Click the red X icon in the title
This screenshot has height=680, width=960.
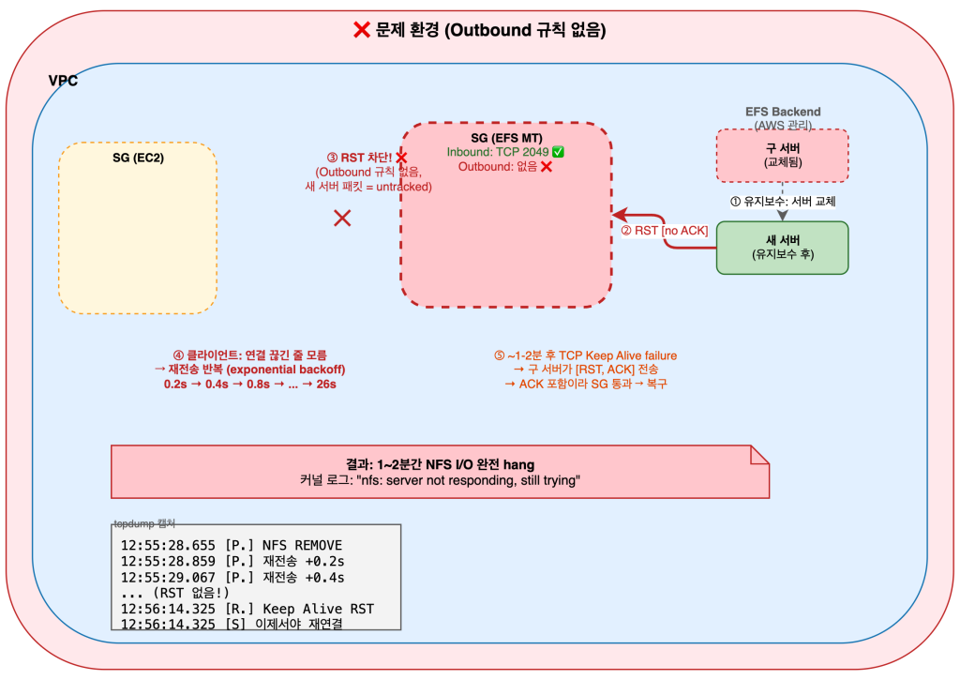361,31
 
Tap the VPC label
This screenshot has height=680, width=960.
63,81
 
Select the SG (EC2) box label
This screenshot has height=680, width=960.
138,157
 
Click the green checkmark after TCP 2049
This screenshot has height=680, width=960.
558,152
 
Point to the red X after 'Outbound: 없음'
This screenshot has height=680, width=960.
546,166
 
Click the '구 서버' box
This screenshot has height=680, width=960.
782,155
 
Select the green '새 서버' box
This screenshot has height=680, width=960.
782,247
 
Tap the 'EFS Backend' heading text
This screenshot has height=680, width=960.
783,112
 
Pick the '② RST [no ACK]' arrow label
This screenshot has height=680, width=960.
664,231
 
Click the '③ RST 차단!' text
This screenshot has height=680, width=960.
359,158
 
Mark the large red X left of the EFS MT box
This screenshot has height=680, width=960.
343,219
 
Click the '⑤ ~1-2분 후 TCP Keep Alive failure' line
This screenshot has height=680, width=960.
585,355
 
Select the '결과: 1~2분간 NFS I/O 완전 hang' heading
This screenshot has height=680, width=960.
440,464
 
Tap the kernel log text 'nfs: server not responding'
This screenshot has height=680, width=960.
440,480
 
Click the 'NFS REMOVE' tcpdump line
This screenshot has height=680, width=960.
232,545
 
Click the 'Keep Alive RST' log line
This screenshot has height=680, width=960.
247,609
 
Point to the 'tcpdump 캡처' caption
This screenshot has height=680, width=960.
144,522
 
